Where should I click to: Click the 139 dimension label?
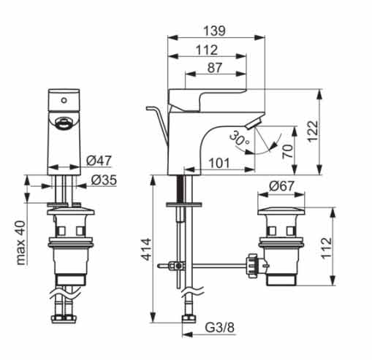[x=215, y=31]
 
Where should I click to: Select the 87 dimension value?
[x=215, y=68]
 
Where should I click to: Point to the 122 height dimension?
[x=313, y=131]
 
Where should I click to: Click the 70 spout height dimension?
[x=287, y=151]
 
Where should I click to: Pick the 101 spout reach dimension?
[x=219, y=163]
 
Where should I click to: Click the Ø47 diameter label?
[x=99, y=161]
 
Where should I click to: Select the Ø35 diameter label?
[x=104, y=180]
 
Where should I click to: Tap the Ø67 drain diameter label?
[x=281, y=186]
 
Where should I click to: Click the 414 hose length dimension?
[x=147, y=249]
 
